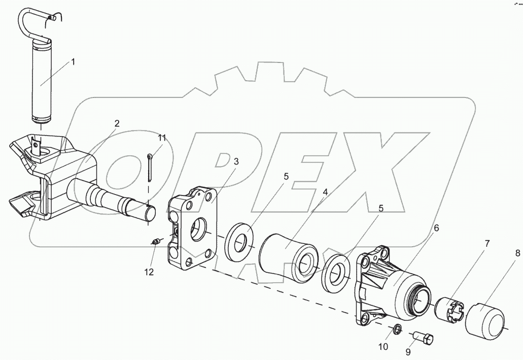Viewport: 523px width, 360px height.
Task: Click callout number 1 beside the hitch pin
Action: coord(73,61)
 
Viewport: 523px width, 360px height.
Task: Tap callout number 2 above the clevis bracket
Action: coord(117,123)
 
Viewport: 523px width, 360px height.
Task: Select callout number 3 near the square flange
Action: coord(236,161)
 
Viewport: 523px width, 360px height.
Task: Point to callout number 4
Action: coord(325,192)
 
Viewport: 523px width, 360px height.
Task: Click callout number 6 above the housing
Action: coord(436,228)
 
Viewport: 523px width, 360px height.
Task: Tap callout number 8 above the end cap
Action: coord(517,253)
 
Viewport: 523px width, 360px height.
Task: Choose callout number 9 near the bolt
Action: coord(408,352)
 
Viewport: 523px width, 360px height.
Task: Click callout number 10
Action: coord(383,347)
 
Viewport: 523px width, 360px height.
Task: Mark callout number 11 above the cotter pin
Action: coord(162,138)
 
